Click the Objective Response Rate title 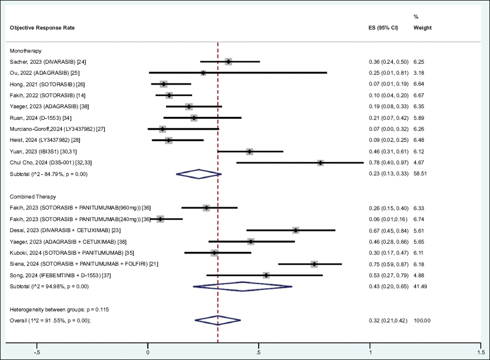click(x=42, y=28)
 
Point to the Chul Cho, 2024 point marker click(x=320, y=163)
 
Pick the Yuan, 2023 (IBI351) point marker click(x=250, y=152)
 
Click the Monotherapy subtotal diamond click(x=198, y=174)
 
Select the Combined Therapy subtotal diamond click(x=242, y=286)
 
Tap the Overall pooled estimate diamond click(x=218, y=320)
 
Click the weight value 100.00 click(x=422, y=320)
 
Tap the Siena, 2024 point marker click(x=314, y=264)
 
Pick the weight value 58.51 click(x=421, y=174)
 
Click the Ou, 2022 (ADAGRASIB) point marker click(x=203, y=73)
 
